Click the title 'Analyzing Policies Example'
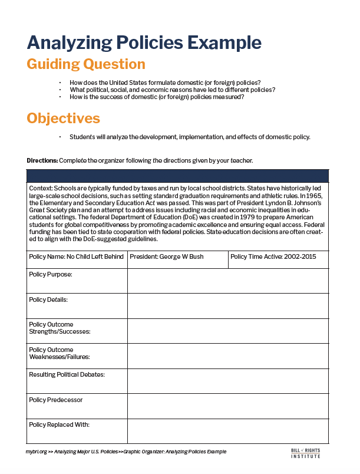coord(144,42)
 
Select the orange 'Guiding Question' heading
coord(86,64)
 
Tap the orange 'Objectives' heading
coord(64,118)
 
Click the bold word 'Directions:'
coord(42,160)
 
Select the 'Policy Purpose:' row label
coord(51,275)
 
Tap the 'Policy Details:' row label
coord(49,299)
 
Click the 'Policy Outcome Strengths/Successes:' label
coord(59,328)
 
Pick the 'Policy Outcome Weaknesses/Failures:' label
coord(59,353)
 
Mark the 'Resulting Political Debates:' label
coord(67,374)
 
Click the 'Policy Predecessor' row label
coord(55,400)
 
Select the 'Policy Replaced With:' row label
coord(59,424)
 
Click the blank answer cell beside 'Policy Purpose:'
coord(228,281)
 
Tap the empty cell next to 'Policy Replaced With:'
coord(228,431)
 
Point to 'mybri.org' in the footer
coord(36,452)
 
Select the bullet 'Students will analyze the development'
coord(190,137)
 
